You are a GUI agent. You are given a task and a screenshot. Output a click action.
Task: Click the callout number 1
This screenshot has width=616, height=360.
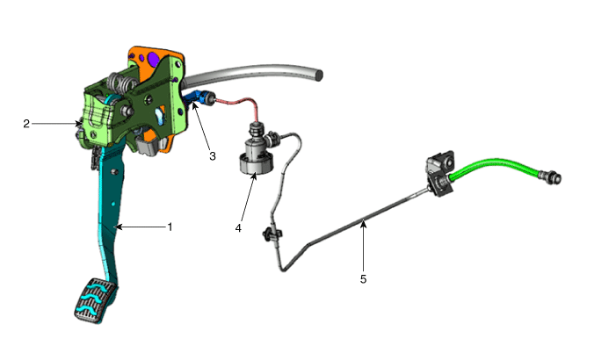tap(170, 227)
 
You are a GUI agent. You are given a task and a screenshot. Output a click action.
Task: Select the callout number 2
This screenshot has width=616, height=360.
tap(26, 124)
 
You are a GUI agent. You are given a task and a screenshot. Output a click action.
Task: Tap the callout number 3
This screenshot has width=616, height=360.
tap(213, 156)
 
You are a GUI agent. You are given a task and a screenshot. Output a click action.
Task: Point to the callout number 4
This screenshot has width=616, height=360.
tap(238, 228)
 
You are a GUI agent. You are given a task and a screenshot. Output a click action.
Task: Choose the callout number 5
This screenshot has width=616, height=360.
tap(364, 279)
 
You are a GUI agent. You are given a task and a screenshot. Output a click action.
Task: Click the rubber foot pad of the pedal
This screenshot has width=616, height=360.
tap(96, 301)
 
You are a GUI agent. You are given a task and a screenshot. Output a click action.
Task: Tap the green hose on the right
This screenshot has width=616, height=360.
tap(494, 166)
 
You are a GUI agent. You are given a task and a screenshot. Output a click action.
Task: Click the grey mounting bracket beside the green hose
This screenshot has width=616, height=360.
tap(440, 173)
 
